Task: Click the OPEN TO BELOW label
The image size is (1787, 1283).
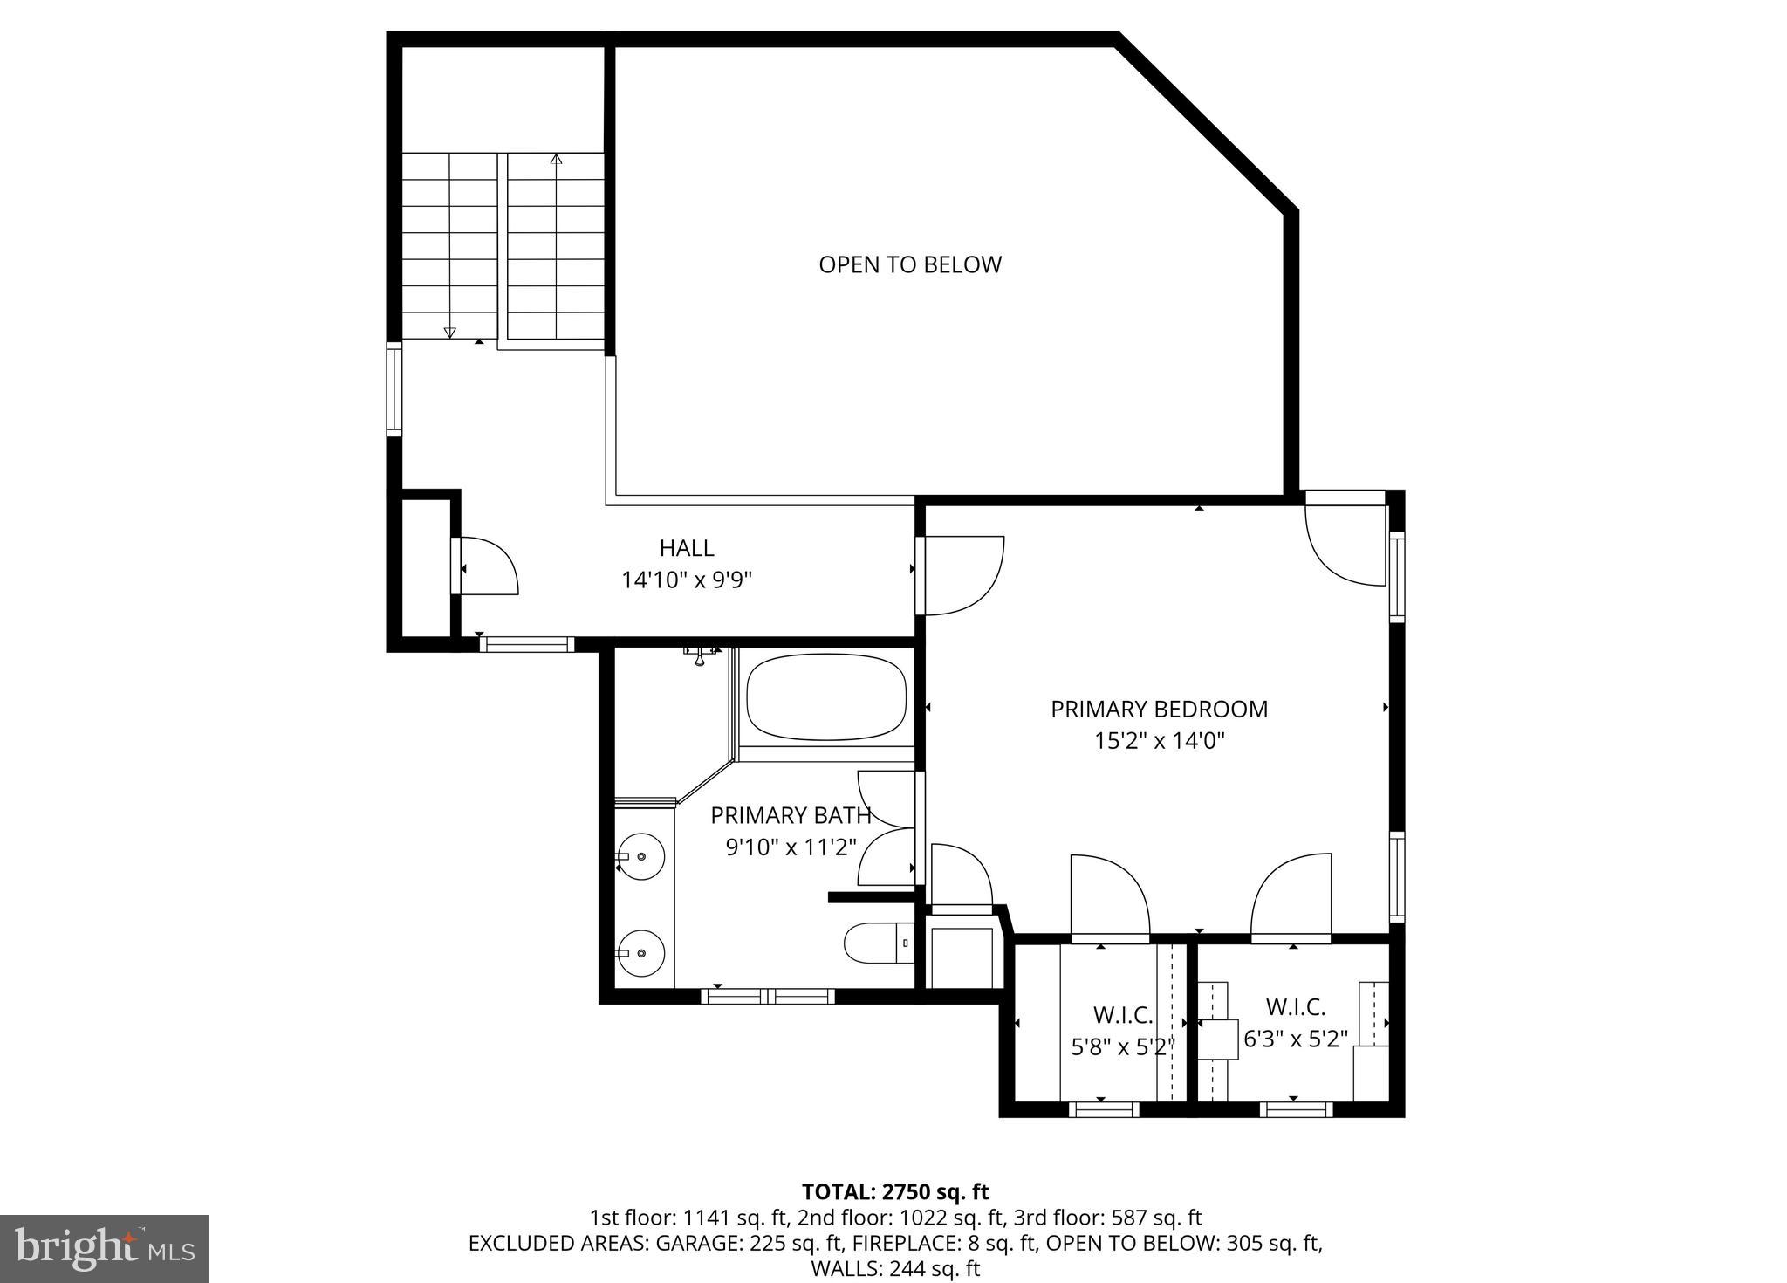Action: coord(909,264)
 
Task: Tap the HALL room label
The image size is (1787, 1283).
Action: coord(687,548)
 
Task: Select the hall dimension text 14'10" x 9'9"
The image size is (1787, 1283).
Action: coord(687,580)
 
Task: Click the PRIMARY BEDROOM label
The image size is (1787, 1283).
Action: coord(1159,709)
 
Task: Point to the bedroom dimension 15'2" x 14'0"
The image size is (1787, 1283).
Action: coord(1160,741)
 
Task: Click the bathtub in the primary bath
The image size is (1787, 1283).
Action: coord(825,697)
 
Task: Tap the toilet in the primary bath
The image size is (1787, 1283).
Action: coord(877,943)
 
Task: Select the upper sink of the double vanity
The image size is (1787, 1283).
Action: coord(641,856)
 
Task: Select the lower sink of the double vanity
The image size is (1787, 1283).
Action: coord(641,952)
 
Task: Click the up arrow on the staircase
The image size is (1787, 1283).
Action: coord(556,160)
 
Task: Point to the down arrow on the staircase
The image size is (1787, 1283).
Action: coord(450,331)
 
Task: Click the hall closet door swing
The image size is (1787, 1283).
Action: coord(489,567)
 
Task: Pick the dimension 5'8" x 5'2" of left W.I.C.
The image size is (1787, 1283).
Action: coord(1123,1046)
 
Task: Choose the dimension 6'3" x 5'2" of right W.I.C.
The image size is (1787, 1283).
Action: coord(1296,1039)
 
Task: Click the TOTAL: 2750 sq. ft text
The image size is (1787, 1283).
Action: coord(895,1191)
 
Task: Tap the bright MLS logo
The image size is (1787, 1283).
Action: coord(105,1249)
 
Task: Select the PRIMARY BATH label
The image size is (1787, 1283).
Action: coord(791,815)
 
